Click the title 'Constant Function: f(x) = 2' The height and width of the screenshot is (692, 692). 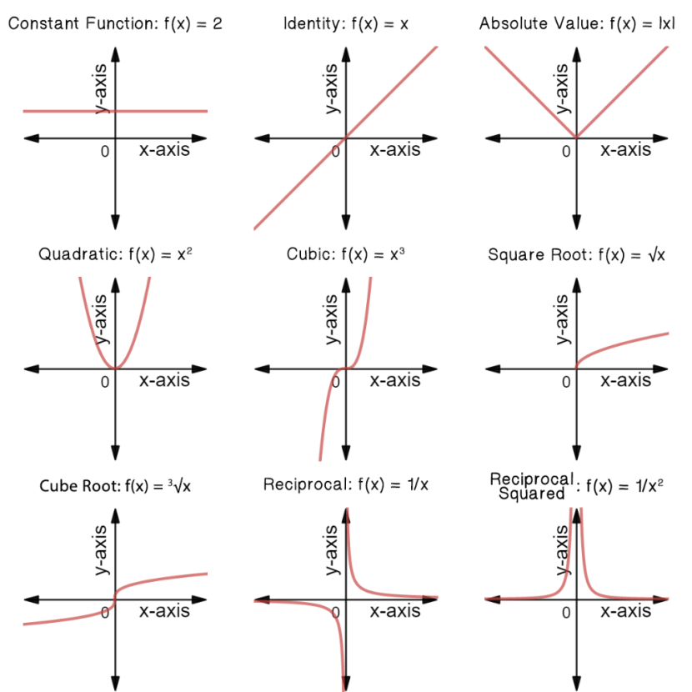click(115, 23)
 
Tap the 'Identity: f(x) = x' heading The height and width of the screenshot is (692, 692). click(346, 23)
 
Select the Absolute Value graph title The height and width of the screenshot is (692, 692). click(577, 23)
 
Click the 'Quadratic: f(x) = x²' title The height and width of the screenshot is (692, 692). click(115, 254)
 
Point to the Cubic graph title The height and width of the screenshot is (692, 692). click(346, 254)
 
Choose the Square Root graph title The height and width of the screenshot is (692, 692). click(576, 254)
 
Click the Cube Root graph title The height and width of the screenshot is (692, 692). click(115, 486)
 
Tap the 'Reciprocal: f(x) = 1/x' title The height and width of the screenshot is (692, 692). click(346, 484)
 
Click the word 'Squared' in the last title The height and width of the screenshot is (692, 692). click(532, 494)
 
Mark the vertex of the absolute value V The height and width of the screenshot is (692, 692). click(576, 138)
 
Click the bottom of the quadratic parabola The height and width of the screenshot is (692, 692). click(115, 368)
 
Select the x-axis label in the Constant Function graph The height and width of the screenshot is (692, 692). click(164, 150)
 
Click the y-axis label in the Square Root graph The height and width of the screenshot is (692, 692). click(562, 319)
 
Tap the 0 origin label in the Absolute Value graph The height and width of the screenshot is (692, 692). click(566, 152)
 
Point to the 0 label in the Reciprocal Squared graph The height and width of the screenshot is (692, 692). click(566, 613)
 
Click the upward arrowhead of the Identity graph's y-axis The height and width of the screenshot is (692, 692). click(346, 53)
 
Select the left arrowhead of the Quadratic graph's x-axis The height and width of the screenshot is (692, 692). click(32, 369)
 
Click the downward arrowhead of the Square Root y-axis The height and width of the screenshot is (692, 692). click(576, 454)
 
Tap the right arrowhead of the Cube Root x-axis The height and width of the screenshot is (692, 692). click(199, 599)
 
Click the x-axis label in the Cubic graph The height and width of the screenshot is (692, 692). click(395, 380)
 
